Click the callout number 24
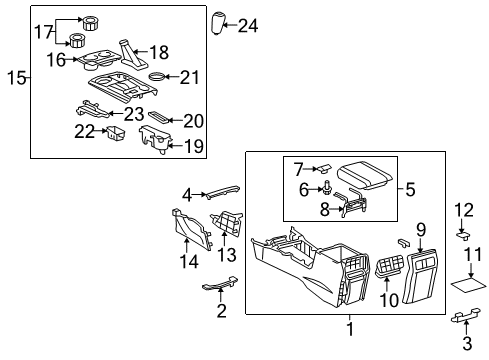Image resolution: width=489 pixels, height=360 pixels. pyautogui.click(x=247, y=26)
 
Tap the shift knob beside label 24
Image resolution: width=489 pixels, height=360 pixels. pyautogui.click(x=219, y=21)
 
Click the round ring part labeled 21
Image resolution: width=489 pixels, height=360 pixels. pyautogui.click(x=157, y=76)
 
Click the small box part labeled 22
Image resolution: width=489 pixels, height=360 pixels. pyautogui.click(x=115, y=131)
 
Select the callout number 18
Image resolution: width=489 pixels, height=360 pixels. pyautogui.click(x=158, y=50)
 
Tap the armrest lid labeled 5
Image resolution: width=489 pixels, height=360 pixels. pyautogui.click(x=364, y=179)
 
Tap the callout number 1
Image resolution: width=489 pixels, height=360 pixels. pyautogui.click(x=349, y=327)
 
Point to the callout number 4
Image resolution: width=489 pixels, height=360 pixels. pyautogui.click(x=186, y=194)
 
